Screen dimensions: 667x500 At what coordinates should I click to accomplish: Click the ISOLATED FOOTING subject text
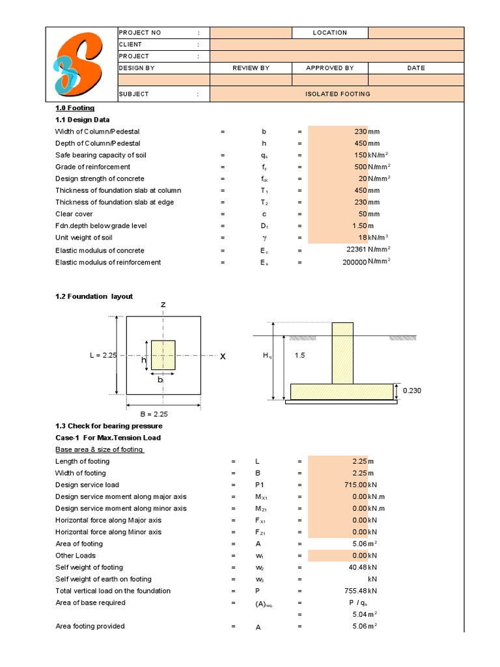[x=337, y=94]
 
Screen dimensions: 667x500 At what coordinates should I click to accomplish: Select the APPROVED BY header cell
[x=330, y=68]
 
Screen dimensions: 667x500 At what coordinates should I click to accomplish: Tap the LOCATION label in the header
[x=330, y=33]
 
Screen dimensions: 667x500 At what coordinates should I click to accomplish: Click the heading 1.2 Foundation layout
[x=94, y=296]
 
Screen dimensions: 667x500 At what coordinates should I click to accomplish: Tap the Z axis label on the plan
[x=163, y=305]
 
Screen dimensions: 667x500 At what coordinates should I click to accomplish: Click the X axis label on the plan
[x=223, y=356]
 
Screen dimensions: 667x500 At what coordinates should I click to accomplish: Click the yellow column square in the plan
[x=163, y=355]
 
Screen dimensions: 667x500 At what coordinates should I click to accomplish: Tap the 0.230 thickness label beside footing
[x=413, y=390]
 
